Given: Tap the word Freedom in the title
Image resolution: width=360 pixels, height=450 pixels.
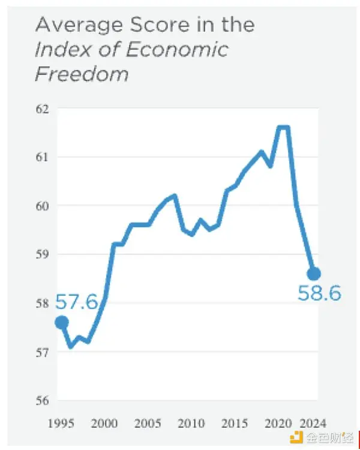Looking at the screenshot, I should pos(82,74).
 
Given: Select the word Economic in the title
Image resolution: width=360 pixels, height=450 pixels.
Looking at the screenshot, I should pos(178,49).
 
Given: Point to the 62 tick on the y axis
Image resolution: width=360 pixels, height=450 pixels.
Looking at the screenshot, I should pos(44,109).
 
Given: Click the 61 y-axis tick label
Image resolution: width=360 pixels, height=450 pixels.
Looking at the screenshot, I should pos(44,157).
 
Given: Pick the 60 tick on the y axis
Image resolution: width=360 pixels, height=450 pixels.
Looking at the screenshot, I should pos(44,206).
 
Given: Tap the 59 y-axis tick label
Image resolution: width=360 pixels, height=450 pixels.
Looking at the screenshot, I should pos(44,254).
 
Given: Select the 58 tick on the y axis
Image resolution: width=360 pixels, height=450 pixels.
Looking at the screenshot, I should pos(44,303).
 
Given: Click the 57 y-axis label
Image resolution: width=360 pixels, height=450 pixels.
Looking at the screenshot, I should pos(44,352).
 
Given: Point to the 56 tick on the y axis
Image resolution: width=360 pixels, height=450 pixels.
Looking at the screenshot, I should pos(44,400).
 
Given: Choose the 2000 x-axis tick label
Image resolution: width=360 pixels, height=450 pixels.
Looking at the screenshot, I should pos(104,422).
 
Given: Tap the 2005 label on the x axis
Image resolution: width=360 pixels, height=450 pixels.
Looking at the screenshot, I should pos(148,422).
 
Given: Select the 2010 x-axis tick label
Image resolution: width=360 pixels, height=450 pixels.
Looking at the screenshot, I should pos(191,422).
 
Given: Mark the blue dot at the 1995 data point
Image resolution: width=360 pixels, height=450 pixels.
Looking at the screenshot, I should pos(61,323).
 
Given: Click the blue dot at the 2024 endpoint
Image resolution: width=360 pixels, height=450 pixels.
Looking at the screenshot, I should pos(313,274).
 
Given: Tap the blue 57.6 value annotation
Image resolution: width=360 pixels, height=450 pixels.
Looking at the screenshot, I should pos(76,302).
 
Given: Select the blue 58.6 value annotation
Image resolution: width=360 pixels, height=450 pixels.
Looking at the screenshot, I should pos(319,293).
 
